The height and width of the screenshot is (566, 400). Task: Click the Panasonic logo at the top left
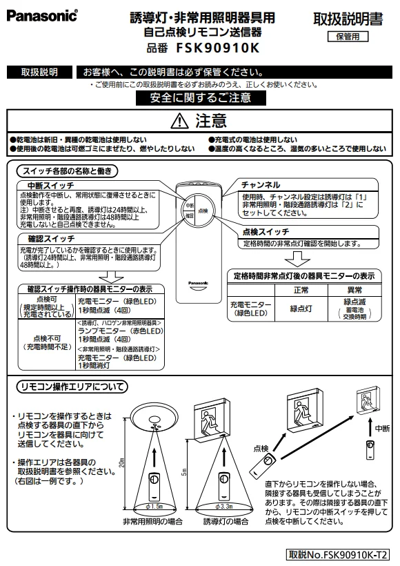pyautogui.click(x=42, y=16)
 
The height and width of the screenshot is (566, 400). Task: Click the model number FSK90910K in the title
pyautogui.click(x=218, y=48)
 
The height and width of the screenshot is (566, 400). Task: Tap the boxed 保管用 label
pyautogui.click(x=348, y=37)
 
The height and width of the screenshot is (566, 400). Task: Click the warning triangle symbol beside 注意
pyautogui.click(x=179, y=121)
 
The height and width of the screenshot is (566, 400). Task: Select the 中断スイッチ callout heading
pyautogui.click(x=50, y=186)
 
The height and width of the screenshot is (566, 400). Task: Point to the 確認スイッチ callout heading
pyautogui.click(x=51, y=239)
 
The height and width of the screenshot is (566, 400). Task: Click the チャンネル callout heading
pyautogui.click(x=261, y=185)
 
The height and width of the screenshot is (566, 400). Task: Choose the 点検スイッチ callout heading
pyautogui.click(x=266, y=231)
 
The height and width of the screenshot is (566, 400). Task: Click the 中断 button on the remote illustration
pyautogui.click(x=190, y=205)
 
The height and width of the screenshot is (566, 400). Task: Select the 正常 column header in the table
pyautogui.click(x=301, y=290)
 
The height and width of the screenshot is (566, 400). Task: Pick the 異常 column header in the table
pyautogui.click(x=354, y=290)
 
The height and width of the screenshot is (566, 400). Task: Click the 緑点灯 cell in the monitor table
pyautogui.click(x=301, y=309)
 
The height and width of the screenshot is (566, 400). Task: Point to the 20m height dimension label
pyautogui.click(x=122, y=462)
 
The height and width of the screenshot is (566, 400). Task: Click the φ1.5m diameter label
pyautogui.click(x=154, y=507)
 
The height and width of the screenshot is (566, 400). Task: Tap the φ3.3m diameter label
pyautogui.click(x=223, y=507)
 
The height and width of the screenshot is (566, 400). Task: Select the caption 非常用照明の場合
pyautogui.click(x=153, y=521)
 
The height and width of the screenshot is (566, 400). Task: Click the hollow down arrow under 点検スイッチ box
pyautogui.click(x=297, y=259)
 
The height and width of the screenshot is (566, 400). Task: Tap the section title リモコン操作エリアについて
pyautogui.click(x=72, y=387)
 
